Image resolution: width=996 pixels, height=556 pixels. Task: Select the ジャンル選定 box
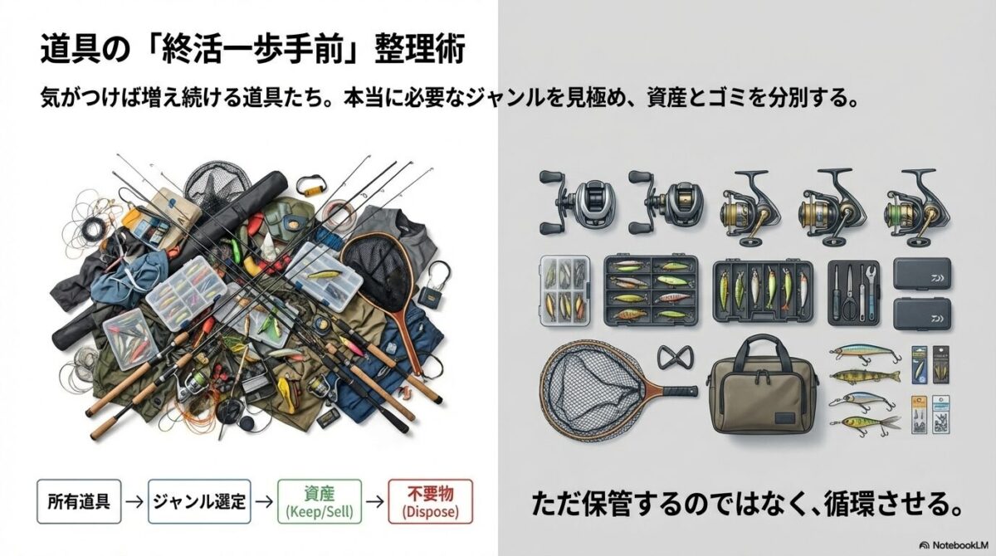point(199,500)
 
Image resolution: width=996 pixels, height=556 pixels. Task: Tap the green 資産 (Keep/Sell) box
point(320,500)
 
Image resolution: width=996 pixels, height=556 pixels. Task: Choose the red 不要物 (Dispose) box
point(428,500)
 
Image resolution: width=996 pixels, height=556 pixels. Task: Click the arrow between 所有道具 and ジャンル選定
point(131,500)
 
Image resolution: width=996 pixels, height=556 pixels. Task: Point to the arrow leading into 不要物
point(376,500)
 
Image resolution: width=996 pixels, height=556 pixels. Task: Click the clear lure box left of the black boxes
point(564,294)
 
